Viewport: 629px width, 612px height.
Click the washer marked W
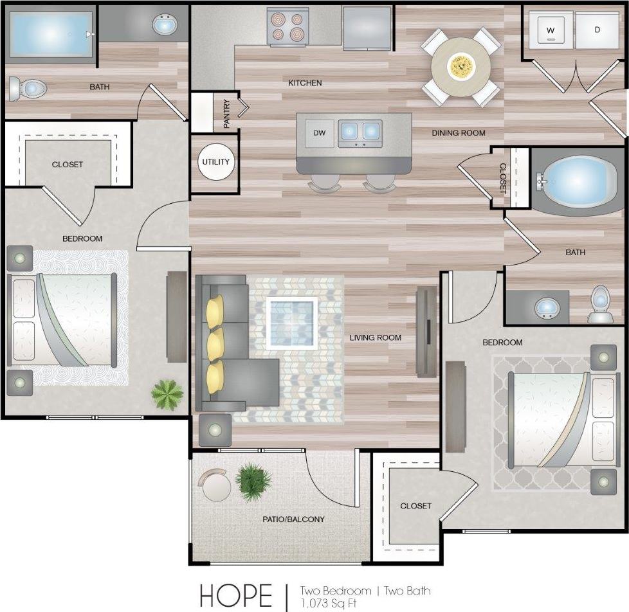[x=551, y=30]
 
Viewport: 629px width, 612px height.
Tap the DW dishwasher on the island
[x=320, y=133]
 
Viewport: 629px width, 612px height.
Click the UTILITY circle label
[x=215, y=161]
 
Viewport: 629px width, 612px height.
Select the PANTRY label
[x=226, y=113]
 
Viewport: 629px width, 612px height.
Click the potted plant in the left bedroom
[x=167, y=393]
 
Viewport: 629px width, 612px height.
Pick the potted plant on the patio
[x=253, y=482]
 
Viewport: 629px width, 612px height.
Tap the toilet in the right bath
[x=599, y=305]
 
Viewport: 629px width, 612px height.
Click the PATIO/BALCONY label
[x=293, y=519]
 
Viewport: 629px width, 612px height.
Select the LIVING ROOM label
[x=375, y=337]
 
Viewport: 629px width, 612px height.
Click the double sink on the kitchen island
[x=360, y=131]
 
